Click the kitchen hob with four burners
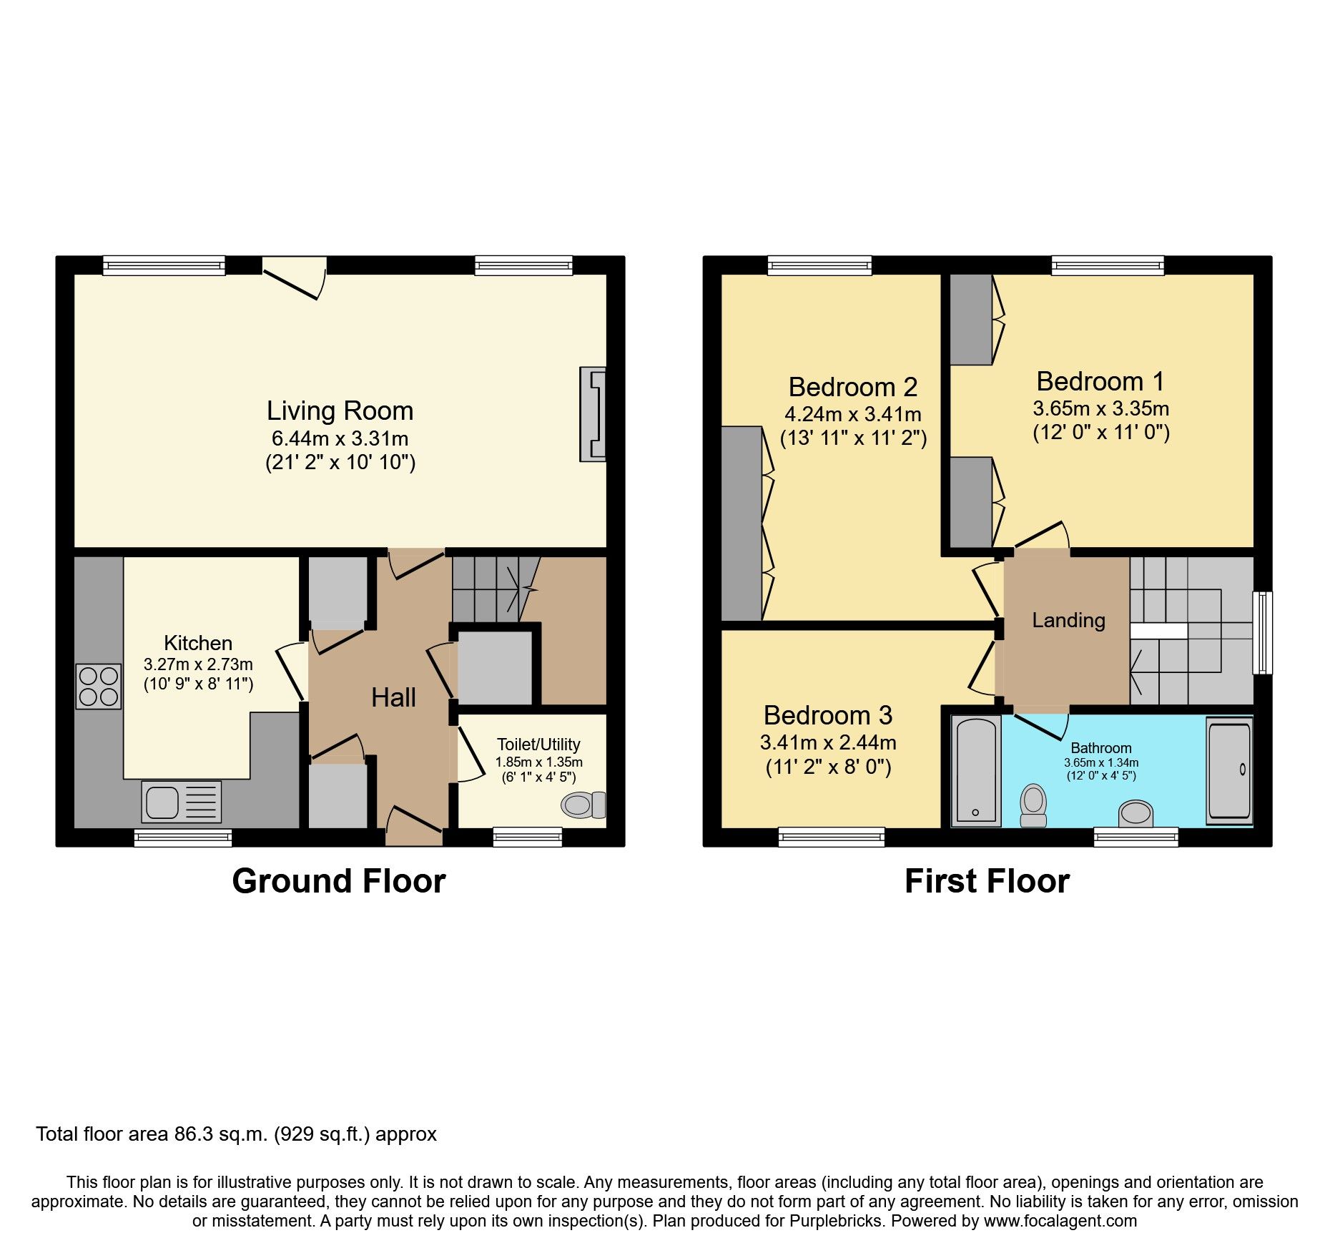99,687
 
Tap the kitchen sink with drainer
182,802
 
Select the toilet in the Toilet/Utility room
583,805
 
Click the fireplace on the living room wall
593,414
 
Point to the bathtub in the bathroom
976,772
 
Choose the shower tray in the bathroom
1229,770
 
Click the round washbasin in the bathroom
1136,814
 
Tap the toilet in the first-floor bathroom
1033,805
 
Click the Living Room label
340,411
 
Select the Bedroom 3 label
827,716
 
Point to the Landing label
1068,621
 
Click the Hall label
393,698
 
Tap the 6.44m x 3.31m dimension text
340,438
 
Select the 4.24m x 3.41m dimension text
852,415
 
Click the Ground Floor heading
338,881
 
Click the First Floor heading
987,881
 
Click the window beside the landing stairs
1263,632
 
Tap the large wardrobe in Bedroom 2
742,524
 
